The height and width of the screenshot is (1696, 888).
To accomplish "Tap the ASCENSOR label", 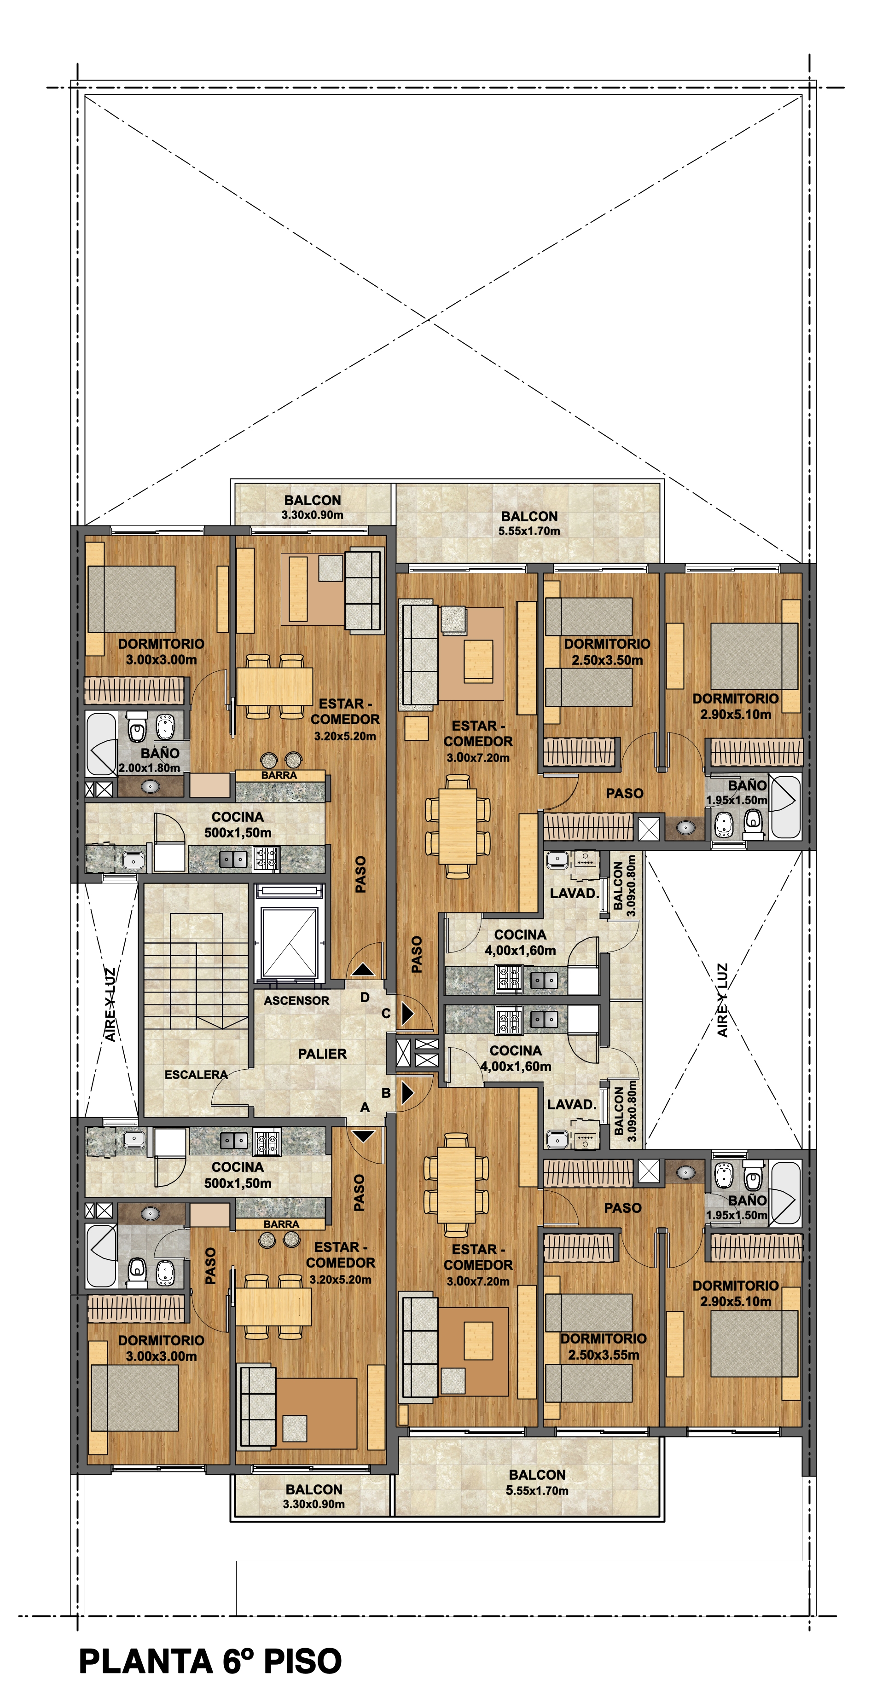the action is (296, 1001).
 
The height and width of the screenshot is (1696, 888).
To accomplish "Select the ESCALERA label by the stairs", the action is (196, 1074).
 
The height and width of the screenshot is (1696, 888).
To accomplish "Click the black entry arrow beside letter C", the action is (407, 1014).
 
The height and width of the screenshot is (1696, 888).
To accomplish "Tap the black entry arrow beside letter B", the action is (407, 1093).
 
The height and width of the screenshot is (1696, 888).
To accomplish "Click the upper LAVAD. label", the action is (574, 894).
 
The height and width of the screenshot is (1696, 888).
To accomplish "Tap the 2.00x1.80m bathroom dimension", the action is (150, 767).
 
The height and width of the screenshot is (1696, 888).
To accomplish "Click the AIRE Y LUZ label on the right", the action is (723, 1000).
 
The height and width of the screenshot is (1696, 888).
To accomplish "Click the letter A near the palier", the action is (364, 1108).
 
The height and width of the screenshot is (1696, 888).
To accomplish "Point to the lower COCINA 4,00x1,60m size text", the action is (516, 1067).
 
